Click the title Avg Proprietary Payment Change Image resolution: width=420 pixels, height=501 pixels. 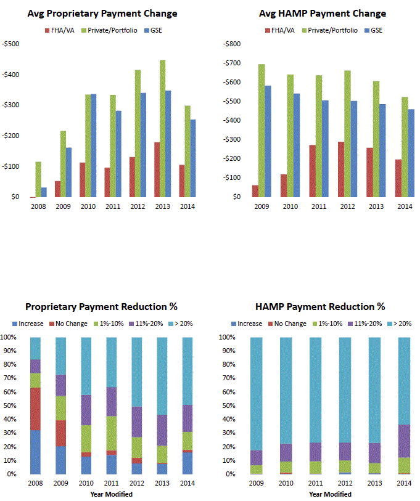coord(102,14)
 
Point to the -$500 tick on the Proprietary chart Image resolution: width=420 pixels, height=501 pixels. coord(11,44)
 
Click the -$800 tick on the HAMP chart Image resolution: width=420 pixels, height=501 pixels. coord(231,44)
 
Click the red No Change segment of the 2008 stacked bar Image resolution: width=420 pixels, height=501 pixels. coord(35,409)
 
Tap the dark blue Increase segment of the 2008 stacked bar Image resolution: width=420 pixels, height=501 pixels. coord(35,452)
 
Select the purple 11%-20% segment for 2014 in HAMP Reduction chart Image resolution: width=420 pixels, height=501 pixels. coord(403,441)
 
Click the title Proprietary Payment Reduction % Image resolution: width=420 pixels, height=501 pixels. coord(102,306)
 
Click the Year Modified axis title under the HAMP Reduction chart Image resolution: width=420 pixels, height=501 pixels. coord(330,494)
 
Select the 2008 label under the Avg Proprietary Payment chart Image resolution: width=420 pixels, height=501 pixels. coord(37,206)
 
